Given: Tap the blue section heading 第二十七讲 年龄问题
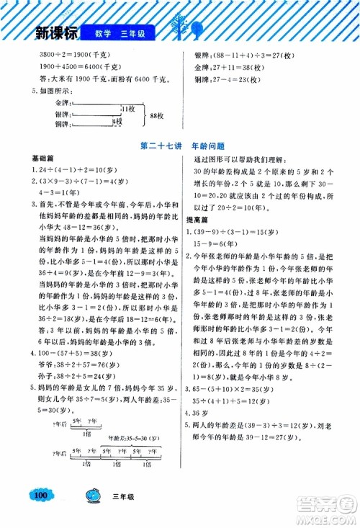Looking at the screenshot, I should pyautogui.click(x=180, y=145).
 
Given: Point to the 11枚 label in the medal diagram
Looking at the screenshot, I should pyautogui.click(x=127, y=107).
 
